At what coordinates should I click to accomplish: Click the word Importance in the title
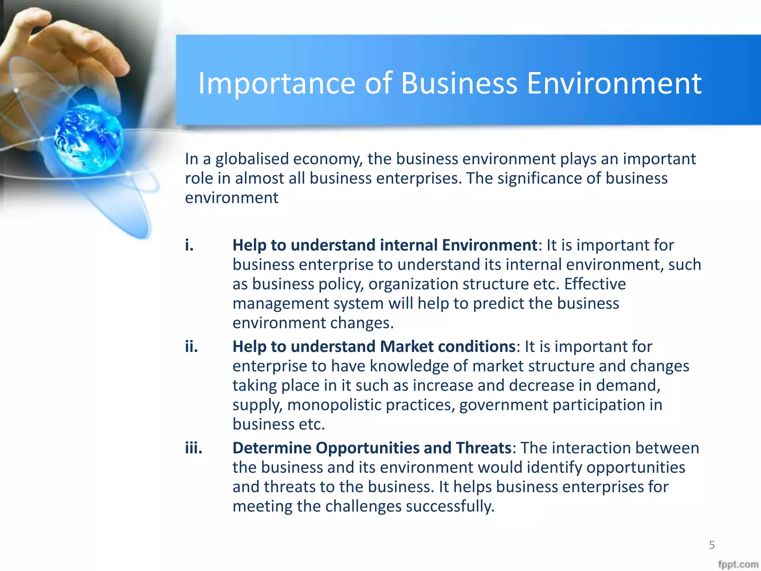[x=277, y=83]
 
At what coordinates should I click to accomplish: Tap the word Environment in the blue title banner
[x=614, y=83]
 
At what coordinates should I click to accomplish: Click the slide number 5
[x=712, y=545]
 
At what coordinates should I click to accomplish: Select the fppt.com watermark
[x=738, y=564]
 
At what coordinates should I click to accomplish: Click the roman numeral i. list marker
[x=190, y=245]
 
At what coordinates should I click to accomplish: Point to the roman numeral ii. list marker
[x=191, y=346]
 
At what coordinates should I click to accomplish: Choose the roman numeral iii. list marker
[x=194, y=448]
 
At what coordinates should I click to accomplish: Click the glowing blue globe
[x=88, y=138]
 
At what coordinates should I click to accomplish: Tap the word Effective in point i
[x=595, y=284]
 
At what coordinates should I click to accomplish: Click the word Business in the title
[x=459, y=83]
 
